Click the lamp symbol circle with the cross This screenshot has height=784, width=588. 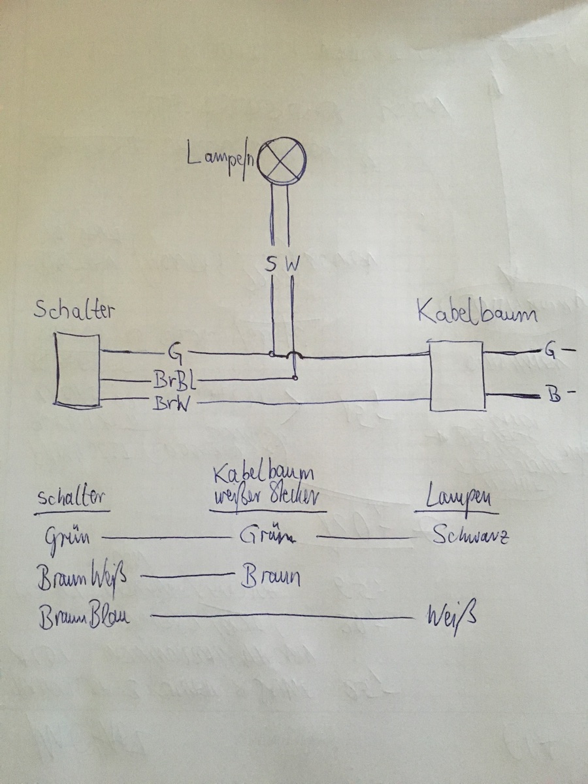point(282,159)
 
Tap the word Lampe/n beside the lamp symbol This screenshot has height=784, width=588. point(222,159)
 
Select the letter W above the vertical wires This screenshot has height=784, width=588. point(293,265)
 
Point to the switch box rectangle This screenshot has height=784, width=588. point(77,370)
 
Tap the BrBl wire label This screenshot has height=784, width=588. point(174,380)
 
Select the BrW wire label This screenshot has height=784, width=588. point(172,404)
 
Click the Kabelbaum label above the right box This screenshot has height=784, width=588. point(476,314)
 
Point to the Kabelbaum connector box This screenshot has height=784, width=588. point(456,376)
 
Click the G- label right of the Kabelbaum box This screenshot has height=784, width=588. point(559,351)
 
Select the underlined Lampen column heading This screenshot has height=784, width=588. point(461,499)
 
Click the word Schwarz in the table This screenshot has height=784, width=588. point(470,536)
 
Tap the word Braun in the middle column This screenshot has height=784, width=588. point(271,578)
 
